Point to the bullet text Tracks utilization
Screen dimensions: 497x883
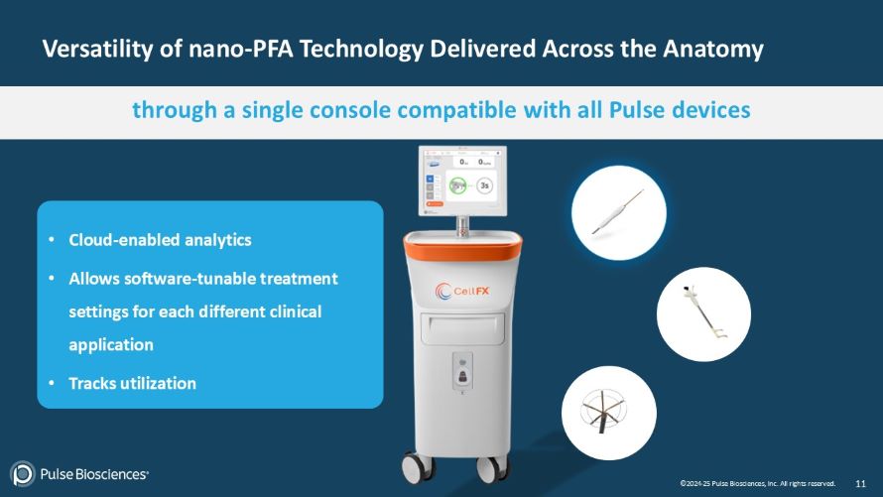(x=132, y=382)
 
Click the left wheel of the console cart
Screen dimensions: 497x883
(x=414, y=469)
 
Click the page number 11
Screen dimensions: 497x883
(x=860, y=483)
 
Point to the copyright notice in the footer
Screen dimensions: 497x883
(x=757, y=483)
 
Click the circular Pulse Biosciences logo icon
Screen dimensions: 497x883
(x=22, y=474)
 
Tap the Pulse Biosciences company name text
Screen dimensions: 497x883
(x=93, y=474)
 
